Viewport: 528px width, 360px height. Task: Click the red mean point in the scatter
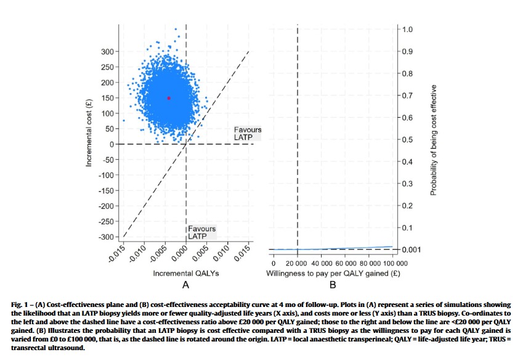(168, 98)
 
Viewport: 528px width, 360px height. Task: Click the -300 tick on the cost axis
(106, 237)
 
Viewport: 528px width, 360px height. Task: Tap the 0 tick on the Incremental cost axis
(112, 144)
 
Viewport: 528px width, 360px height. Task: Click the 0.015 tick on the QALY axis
(243, 254)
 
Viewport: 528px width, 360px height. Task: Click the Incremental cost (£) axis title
(89, 131)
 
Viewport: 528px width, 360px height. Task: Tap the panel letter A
(184, 285)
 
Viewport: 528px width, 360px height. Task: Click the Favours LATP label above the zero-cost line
(248, 133)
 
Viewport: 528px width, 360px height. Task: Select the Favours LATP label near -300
(202, 232)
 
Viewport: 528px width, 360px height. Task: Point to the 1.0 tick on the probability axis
(407, 30)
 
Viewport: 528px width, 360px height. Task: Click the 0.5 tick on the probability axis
(407, 140)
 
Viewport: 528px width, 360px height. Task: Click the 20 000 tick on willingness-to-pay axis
(298, 263)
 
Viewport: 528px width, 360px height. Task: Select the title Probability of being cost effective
(434, 140)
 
